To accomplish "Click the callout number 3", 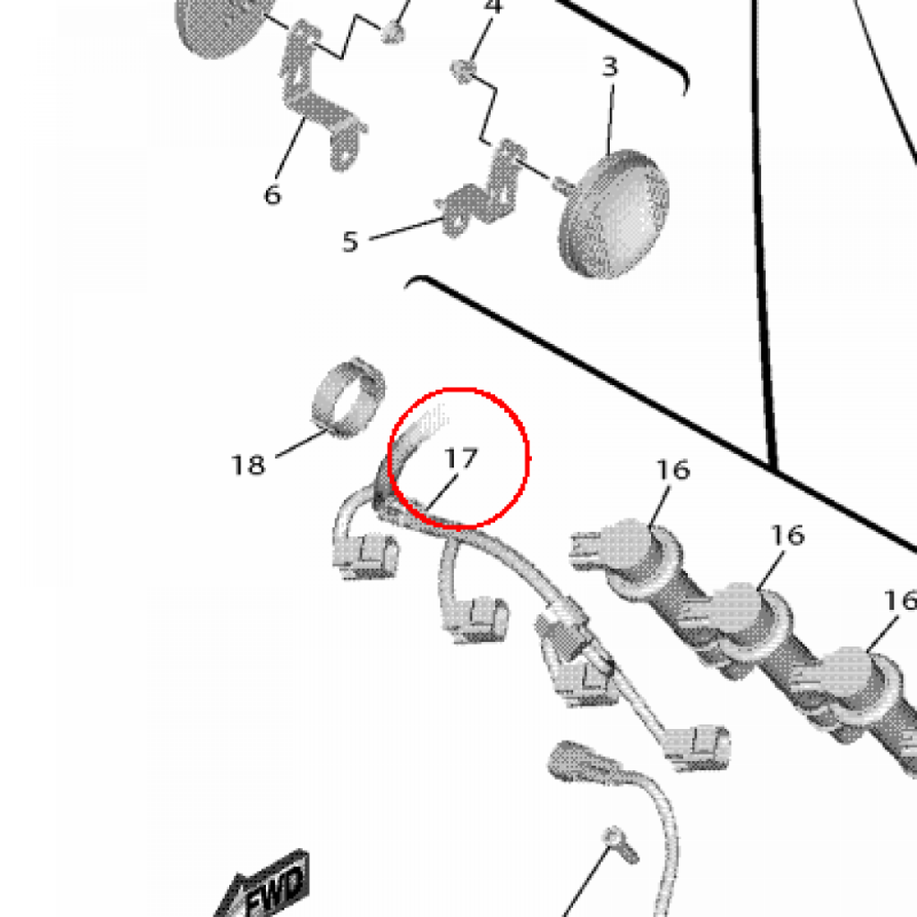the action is pos(609,66).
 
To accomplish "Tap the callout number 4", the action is pos(493,6).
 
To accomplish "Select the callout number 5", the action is pos(350,242).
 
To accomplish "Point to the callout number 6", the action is pos(272,194).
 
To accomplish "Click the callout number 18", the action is pos(248,465).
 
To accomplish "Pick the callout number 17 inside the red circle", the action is pos(461,458).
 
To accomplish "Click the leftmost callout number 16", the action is pos(673,469).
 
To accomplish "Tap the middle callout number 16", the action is pos(787,536).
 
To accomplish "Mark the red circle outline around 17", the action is pos(459,389).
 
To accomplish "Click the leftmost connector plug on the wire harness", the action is pos(365,555).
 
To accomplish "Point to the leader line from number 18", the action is pos(301,443).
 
